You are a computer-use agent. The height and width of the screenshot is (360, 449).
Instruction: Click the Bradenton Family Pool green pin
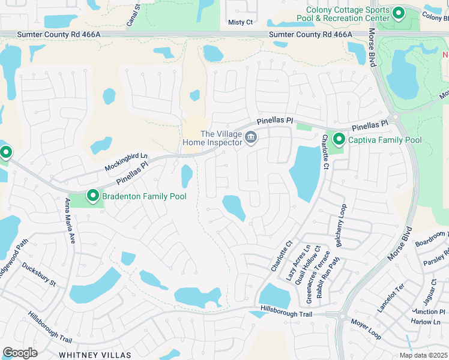tap(93, 196)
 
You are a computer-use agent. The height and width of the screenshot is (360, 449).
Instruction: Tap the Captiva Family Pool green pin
tap(339, 140)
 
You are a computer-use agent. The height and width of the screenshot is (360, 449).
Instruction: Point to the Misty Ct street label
tap(241, 22)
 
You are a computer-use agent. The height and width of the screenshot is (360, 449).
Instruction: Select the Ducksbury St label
tap(38, 274)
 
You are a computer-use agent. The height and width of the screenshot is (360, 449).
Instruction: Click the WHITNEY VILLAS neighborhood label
tap(95, 355)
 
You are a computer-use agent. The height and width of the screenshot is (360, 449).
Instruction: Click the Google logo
tap(20, 352)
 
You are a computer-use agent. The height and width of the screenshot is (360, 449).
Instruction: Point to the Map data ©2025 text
tap(423, 355)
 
